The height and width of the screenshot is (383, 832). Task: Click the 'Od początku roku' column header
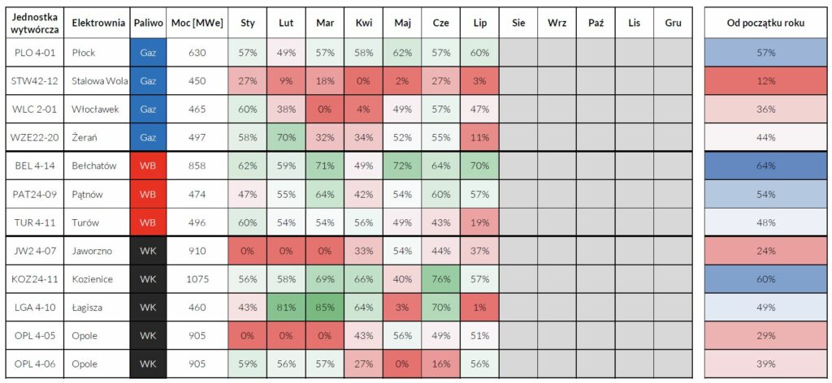765,23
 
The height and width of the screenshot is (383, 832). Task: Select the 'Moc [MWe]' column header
197,23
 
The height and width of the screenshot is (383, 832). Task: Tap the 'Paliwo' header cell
148,23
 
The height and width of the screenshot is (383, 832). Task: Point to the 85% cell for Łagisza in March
325,307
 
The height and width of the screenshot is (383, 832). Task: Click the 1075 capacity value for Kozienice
197,278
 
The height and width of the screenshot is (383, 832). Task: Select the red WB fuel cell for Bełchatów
148,166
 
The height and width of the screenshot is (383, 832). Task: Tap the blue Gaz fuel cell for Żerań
148,137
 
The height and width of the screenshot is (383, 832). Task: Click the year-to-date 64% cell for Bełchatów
765,166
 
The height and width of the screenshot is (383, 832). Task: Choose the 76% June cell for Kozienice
441,278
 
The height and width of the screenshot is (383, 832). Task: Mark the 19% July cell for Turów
479,222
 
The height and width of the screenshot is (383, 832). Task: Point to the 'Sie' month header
518,23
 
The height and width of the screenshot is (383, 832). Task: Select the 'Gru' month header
673,23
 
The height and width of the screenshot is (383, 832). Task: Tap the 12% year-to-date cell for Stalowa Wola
765,81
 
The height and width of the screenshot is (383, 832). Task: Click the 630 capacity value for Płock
197,53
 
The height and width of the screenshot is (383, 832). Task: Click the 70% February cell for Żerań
286,137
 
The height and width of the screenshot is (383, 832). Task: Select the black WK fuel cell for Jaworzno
148,251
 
